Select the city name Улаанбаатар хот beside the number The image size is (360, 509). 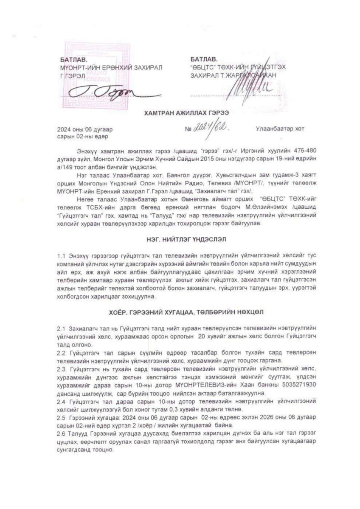(280, 128)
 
